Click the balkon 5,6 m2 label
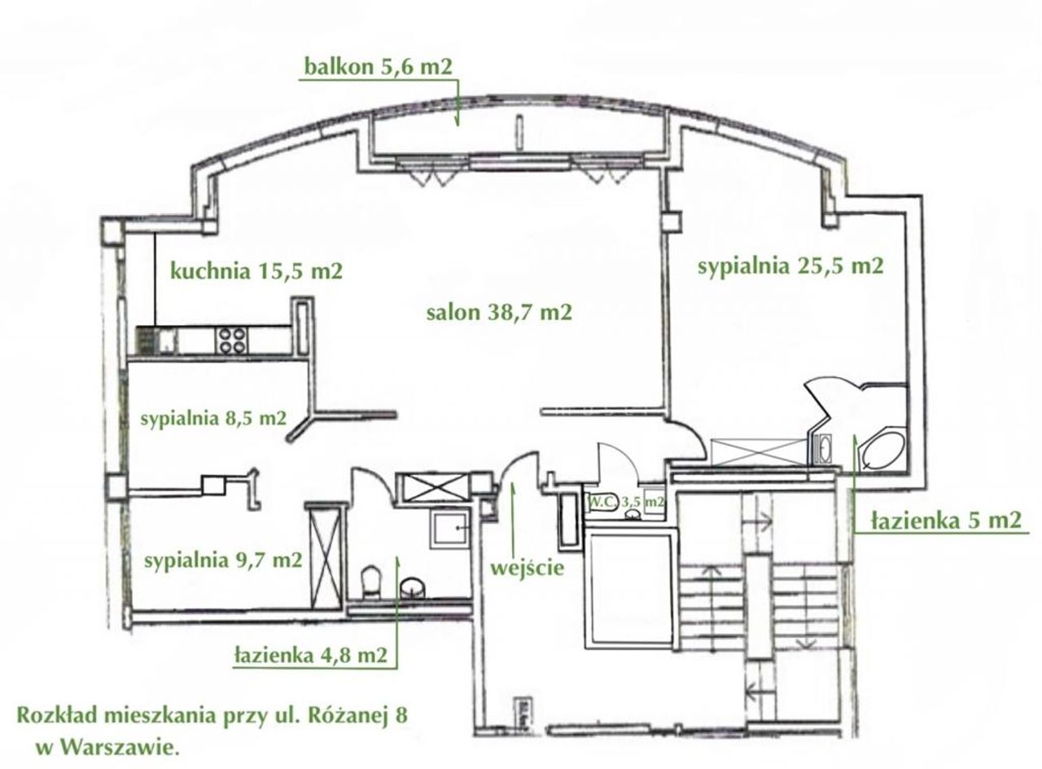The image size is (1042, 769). (379, 67)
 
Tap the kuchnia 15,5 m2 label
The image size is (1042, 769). (256, 271)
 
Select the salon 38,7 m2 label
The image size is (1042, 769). (499, 312)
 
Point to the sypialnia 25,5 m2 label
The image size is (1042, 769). (790, 266)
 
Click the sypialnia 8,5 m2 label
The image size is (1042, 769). (213, 419)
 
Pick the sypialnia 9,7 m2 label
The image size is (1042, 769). (223, 560)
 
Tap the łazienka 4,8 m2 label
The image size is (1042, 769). (311, 656)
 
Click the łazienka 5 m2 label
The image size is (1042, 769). (946, 521)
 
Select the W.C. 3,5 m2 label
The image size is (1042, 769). (627, 502)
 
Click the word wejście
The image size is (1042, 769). (527, 568)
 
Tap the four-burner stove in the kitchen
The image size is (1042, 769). (232, 341)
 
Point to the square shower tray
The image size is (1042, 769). (450, 529)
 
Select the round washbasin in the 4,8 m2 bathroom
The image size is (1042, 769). (412, 587)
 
